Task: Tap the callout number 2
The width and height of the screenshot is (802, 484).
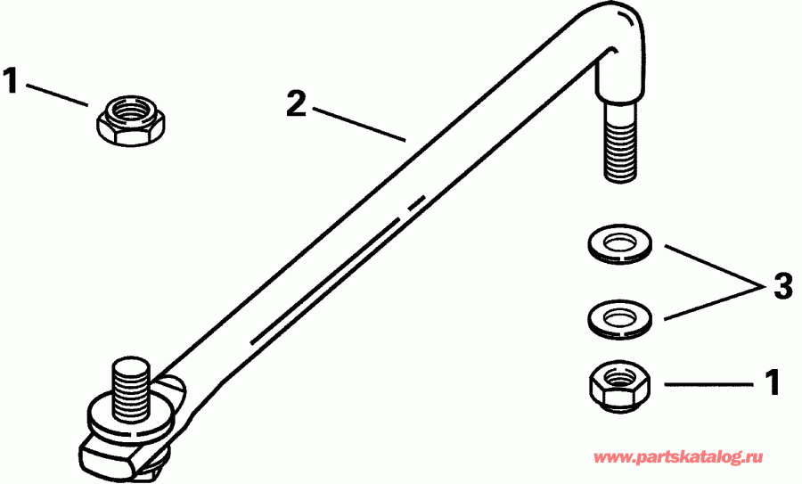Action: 296,103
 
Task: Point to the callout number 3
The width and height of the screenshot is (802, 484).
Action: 782,288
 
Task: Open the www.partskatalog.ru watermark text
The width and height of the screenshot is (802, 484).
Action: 680,457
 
